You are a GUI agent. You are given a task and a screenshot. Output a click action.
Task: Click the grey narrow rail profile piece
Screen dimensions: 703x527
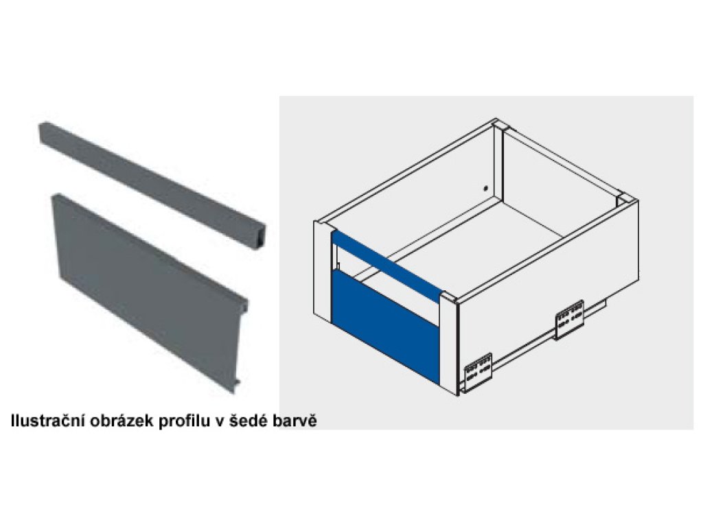[152, 185]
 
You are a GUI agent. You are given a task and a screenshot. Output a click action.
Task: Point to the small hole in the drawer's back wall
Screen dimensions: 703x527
[485, 189]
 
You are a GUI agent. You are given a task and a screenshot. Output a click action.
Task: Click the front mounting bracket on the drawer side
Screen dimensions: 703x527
[478, 371]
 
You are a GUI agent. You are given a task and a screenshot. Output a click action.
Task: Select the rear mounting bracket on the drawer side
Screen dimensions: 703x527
[570, 320]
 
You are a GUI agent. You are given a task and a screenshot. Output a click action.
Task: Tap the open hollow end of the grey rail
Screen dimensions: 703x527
[259, 237]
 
